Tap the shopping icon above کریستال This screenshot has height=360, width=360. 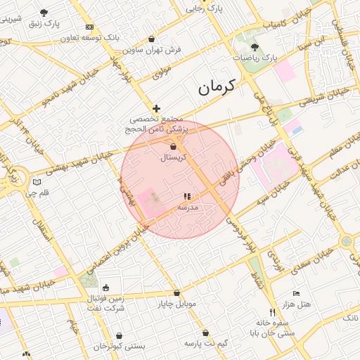pyautogui.click(x=173, y=146)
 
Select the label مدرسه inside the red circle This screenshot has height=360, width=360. pyautogui.click(x=188, y=207)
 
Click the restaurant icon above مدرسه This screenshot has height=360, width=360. pyautogui.click(x=186, y=197)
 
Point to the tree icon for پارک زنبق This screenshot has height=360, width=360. pyautogui.click(x=44, y=13)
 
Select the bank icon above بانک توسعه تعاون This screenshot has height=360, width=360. pyautogui.click(x=89, y=27)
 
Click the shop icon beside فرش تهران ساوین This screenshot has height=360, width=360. pyautogui.click(x=153, y=39)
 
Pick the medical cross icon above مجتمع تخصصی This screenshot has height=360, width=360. pyautogui.click(x=156, y=108)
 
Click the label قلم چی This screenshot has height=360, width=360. pyautogui.click(x=44, y=192)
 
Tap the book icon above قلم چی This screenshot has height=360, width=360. pyautogui.click(x=37, y=182)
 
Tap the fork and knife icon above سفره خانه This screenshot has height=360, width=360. pyautogui.click(x=272, y=312)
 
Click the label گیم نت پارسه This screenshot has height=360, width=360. pyautogui.click(x=206, y=342)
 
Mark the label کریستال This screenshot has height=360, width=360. pyautogui.click(x=172, y=158)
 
